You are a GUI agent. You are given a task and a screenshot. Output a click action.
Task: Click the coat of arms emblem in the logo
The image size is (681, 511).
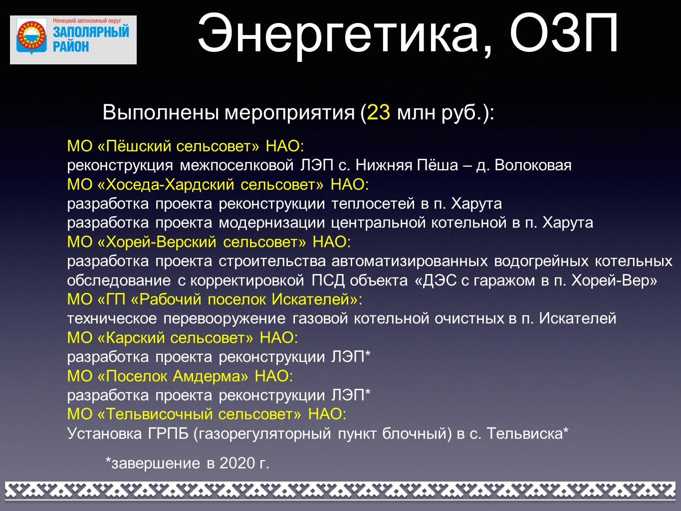31,37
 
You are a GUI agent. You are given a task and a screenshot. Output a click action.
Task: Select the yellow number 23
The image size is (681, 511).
379,112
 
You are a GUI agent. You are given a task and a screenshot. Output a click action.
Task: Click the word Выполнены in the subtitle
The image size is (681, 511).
160,112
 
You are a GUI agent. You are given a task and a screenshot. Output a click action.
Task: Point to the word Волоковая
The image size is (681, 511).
533,165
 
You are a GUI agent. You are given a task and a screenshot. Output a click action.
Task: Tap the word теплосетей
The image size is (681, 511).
373,204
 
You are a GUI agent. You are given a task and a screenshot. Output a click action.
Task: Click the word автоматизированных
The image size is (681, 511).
410,261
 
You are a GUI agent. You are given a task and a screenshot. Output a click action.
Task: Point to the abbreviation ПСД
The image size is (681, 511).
328,281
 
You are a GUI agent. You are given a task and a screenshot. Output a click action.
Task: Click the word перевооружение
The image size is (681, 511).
225,319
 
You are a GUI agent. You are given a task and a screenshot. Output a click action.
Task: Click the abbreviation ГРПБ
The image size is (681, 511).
168,434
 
